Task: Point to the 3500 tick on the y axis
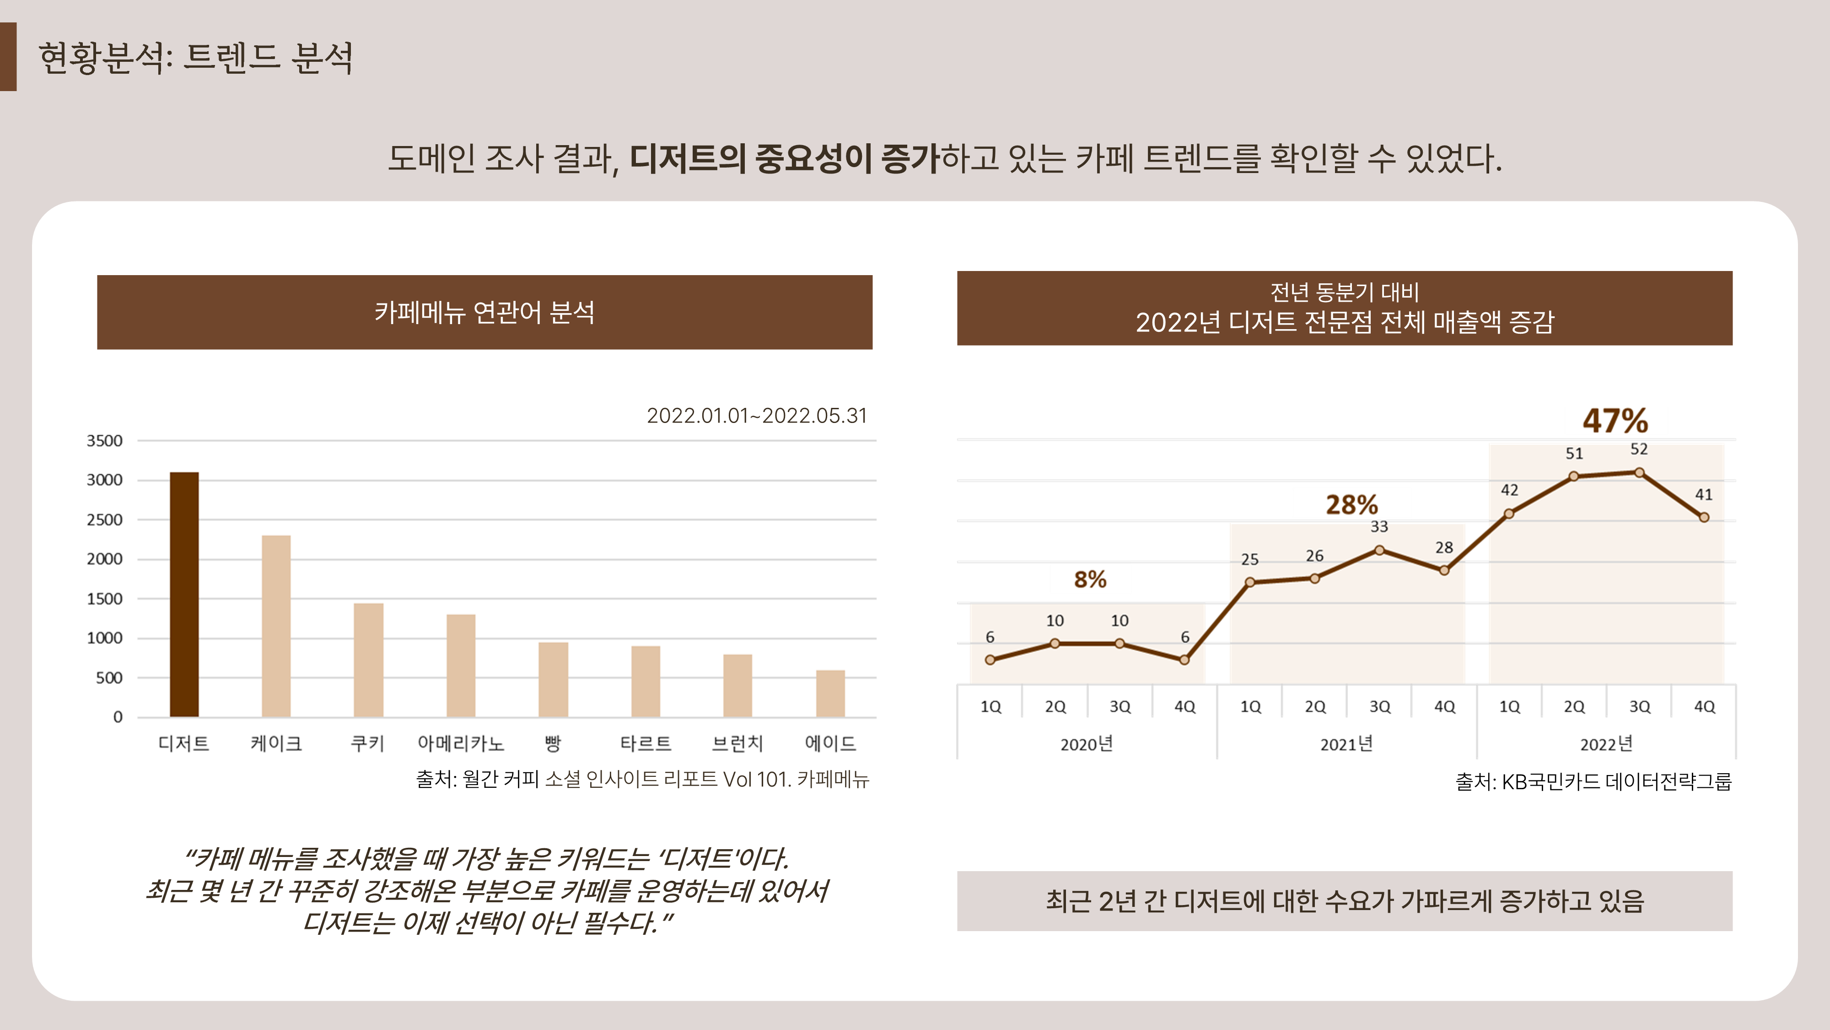(x=104, y=441)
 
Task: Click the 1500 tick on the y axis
(x=104, y=598)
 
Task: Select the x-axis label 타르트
(x=645, y=743)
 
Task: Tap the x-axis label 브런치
(x=737, y=743)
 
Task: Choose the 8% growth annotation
(x=1090, y=580)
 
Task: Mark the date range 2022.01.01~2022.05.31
(x=757, y=416)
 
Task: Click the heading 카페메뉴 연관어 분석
(x=484, y=312)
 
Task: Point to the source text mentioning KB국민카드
(x=1593, y=782)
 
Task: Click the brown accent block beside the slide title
(x=8, y=57)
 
